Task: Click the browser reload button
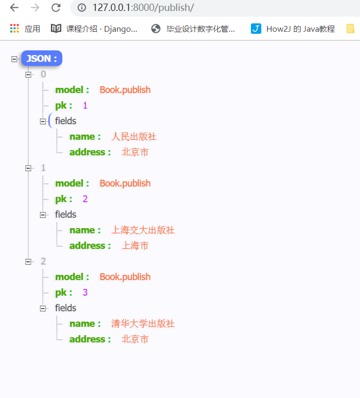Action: (x=56, y=8)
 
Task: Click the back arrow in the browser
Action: (x=14, y=8)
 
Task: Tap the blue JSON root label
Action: (x=42, y=59)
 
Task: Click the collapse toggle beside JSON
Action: (x=14, y=59)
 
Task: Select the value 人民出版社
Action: (x=134, y=137)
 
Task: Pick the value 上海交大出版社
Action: (x=143, y=230)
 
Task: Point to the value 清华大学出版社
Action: (x=143, y=324)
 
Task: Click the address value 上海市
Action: (x=135, y=246)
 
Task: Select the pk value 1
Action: (x=85, y=105)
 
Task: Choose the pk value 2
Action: (x=85, y=199)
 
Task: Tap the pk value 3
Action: (x=85, y=293)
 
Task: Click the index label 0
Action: (x=44, y=74)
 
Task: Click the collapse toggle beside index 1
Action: (x=29, y=168)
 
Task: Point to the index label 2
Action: (x=44, y=261)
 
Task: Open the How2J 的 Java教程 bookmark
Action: (x=294, y=29)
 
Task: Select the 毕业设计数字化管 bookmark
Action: (x=193, y=29)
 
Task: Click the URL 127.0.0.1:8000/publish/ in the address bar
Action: (x=143, y=8)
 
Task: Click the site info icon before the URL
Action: (x=81, y=8)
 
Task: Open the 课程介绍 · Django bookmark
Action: (x=95, y=29)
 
